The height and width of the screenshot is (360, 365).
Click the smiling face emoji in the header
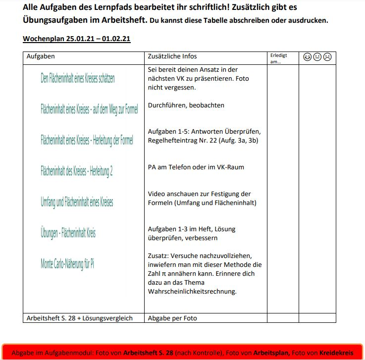(308, 57)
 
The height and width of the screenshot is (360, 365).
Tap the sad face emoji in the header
(327, 57)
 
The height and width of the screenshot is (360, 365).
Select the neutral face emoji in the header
(317, 57)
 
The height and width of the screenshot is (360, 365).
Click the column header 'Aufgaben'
(41, 56)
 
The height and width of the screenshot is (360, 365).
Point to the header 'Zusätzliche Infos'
(172, 56)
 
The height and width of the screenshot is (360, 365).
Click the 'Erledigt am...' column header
(278, 58)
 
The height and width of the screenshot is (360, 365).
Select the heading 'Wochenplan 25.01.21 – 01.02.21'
(77, 39)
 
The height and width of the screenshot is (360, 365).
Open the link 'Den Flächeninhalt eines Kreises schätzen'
(78, 78)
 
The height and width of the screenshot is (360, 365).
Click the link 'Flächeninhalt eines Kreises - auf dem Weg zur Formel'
(89, 109)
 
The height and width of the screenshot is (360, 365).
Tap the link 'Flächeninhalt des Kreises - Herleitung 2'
(77, 171)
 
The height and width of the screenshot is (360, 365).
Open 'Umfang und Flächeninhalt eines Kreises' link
(77, 202)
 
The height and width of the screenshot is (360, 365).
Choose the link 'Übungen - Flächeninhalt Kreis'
(68, 233)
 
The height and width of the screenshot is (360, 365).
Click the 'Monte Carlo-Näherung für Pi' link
(67, 263)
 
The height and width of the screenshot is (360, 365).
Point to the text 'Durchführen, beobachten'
(186, 105)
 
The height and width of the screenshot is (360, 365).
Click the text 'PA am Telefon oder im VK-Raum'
(196, 167)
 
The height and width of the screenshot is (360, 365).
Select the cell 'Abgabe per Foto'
(172, 318)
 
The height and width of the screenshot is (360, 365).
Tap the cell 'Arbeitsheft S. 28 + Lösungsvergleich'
(80, 318)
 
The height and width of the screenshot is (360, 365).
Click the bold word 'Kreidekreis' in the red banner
(336, 353)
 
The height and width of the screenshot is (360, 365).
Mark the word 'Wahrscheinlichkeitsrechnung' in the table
(192, 292)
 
